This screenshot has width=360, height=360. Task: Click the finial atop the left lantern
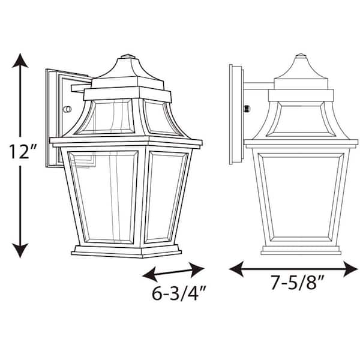coord(126,59)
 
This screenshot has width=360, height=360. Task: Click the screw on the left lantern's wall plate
coord(67,110)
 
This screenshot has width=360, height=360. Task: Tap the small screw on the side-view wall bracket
coord(247,109)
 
